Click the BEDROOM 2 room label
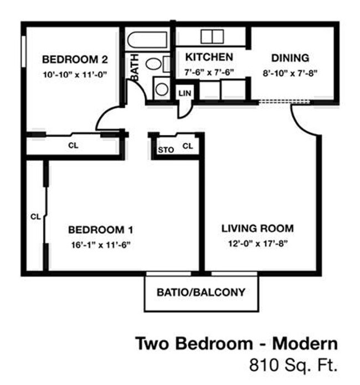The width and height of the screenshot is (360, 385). pyautogui.click(x=74, y=59)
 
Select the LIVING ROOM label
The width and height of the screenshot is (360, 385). pyautogui.click(x=258, y=228)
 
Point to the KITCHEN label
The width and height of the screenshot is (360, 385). pyautogui.click(x=209, y=57)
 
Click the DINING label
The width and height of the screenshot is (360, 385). pyautogui.click(x=289, y=58)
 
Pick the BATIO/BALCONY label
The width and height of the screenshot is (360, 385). pyautogui.click(x=200, y=292)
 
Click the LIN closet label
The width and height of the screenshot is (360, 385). pyautogui.click(x=184, y=93)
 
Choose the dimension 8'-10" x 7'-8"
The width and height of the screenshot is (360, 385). pyautogui.click(x=289, y=72)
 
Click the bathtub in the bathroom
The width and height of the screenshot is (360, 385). pyautogui.click(x=147, y=40)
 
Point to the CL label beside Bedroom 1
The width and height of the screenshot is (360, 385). pyautogui.click(x=35, y=216)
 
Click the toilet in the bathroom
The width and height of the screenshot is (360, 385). pyautogui.click(x=155, y=63)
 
